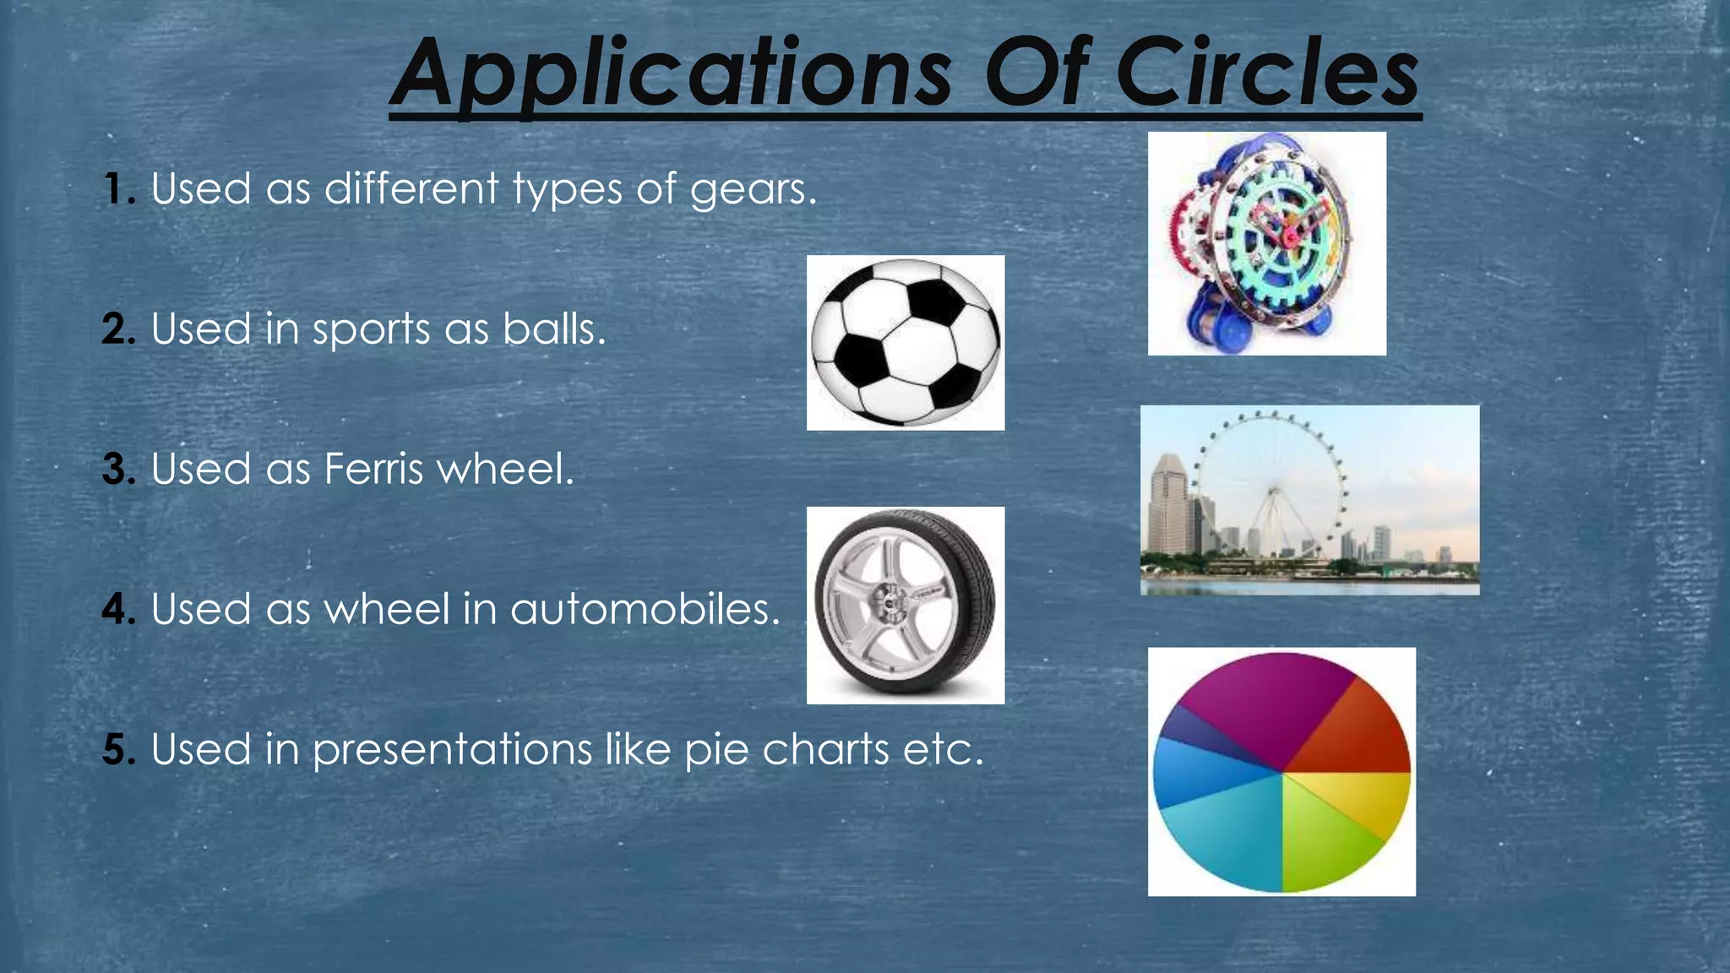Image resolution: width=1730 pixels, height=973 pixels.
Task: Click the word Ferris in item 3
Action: (x=373, y=469)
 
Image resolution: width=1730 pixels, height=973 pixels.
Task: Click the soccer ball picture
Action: (x=905, y=342)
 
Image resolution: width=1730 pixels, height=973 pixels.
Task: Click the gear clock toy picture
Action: (x=1266, y=243)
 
